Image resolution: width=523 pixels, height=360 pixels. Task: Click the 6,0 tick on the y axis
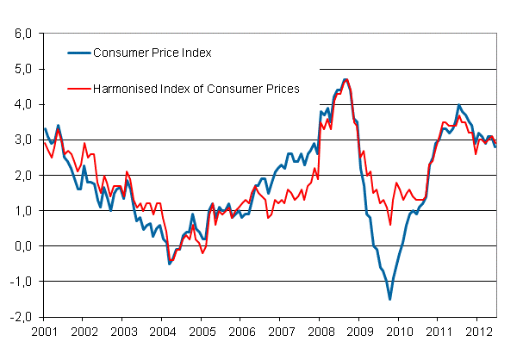[x=21, y=34]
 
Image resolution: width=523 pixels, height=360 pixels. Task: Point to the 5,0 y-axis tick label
[x=21, y=69]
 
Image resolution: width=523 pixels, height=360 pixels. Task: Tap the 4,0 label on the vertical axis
[x=21, y=104]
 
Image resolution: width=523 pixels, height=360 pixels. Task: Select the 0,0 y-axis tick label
[x=21, y=245]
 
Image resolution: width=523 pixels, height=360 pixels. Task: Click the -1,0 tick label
[x=19, y=281]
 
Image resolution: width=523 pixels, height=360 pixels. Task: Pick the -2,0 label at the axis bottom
[x=19, y=316]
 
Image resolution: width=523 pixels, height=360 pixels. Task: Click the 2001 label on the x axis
[x=44, y=331]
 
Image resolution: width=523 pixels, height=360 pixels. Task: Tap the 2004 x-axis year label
[x=163, y=331]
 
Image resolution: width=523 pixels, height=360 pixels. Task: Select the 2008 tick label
[x=321, y=331]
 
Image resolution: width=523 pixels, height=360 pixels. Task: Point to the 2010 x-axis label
[x=400, y=331]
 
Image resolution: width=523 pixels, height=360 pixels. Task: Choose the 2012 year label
[x=478, y=331]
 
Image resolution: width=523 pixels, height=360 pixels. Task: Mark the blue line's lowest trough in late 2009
[x=389, y=299]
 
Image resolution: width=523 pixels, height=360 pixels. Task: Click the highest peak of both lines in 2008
[x=346, y=79]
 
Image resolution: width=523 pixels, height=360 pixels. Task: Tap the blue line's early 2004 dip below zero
[x=169, y=264]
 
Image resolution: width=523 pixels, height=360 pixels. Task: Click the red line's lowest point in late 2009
[x=390, y=224]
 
